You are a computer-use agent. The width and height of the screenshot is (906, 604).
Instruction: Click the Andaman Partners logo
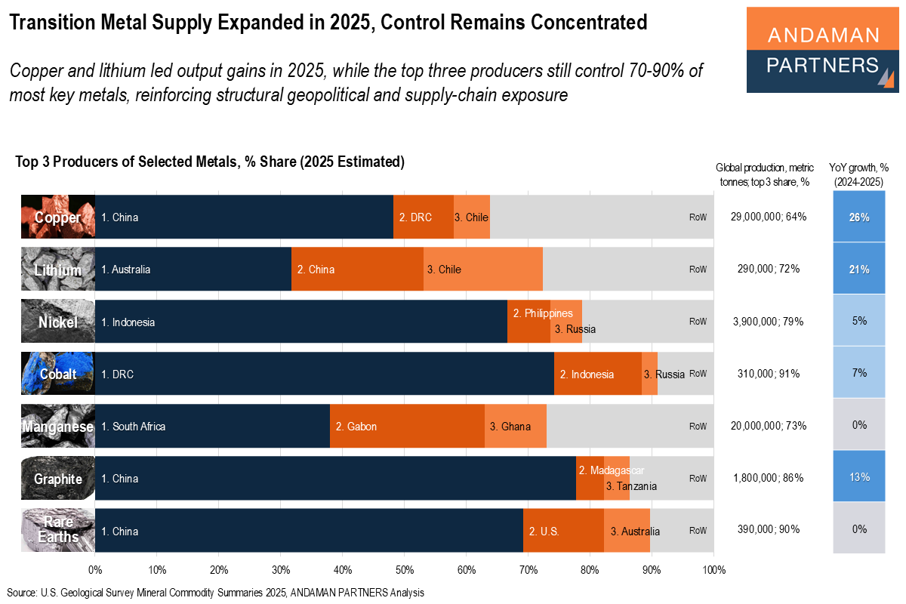tap(823, 50)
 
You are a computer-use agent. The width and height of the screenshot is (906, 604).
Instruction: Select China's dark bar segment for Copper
tap(244, 217)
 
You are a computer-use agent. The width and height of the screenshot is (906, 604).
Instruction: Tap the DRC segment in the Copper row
tap(423, 217)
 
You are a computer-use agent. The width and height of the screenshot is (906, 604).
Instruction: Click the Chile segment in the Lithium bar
tap(482, 270)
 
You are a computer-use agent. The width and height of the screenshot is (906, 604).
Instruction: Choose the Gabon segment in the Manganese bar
tap(407, 427)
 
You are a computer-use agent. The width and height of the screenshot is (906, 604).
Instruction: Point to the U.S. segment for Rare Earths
tap(563, 531)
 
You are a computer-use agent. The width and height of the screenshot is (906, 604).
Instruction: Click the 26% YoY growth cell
tap(859, 217)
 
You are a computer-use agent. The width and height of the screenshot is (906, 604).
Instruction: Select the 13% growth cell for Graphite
tap(859, 477)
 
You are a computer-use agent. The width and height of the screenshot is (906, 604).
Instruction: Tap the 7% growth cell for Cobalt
tap(859, 374)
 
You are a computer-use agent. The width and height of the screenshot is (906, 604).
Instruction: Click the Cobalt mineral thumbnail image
tap(57, 374)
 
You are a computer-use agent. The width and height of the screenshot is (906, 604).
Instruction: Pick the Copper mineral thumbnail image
tap(57, 217)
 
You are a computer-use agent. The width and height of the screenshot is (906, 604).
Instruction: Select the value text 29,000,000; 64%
tap(769, 217)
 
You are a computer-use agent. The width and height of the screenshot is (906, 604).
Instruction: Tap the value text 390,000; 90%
tap(769, 529)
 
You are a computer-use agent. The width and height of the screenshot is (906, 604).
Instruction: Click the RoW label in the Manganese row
tap(698, 427)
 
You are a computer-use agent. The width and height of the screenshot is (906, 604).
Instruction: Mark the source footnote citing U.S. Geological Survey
tap(216, 593)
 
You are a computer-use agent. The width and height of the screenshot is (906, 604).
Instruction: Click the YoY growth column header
tap(859, 174)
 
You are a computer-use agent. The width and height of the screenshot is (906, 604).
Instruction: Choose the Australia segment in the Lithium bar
tap(193, 270)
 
